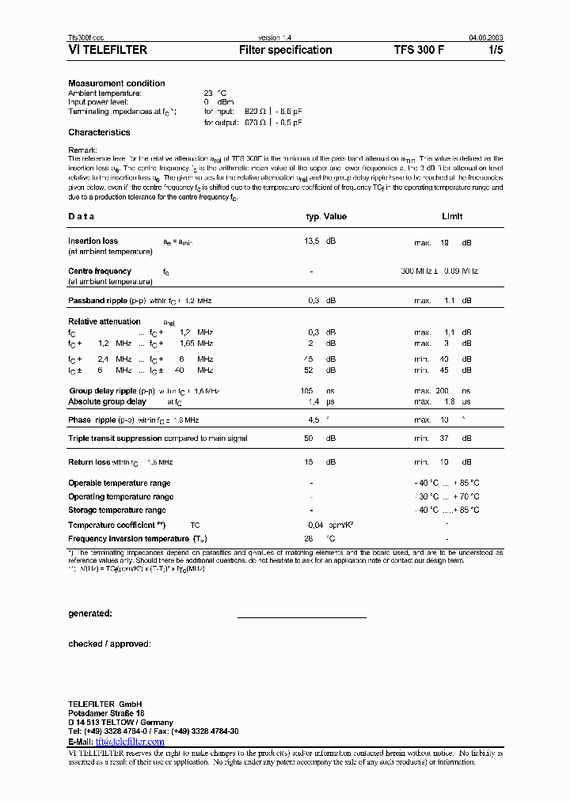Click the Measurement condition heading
(x=116, y=83)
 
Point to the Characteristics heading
(x=99, y=133)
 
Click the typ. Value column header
(x=326, y=216)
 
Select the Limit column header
(x=452, y=216)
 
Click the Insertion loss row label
(x=93, y=241)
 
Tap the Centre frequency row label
(x=100, y=271)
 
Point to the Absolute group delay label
(x=107, y=402)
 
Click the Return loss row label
(x=89, y=461)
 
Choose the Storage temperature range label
(x=117, y=511)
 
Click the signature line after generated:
(x=302, y=617)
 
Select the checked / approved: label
(x=109, y=644)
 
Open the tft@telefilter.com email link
(x=130, y=742)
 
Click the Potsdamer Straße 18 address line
(x=106, y=713)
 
